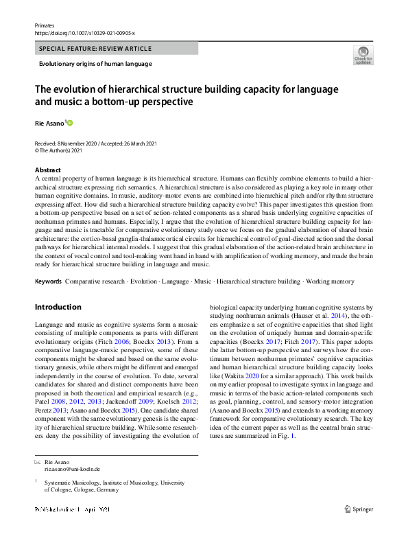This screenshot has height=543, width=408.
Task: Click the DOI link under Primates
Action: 84,32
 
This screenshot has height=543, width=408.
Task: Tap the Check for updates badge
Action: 363,55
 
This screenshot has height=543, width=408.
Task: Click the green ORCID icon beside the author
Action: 69,124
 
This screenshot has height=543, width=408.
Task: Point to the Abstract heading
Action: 48,170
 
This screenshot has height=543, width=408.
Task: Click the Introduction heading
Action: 58,307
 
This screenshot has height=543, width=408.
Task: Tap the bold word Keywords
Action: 48,281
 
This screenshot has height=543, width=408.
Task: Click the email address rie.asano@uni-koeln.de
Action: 72,469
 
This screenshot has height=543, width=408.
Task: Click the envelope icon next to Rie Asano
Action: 37,462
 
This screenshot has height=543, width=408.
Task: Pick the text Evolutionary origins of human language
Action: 95,64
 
